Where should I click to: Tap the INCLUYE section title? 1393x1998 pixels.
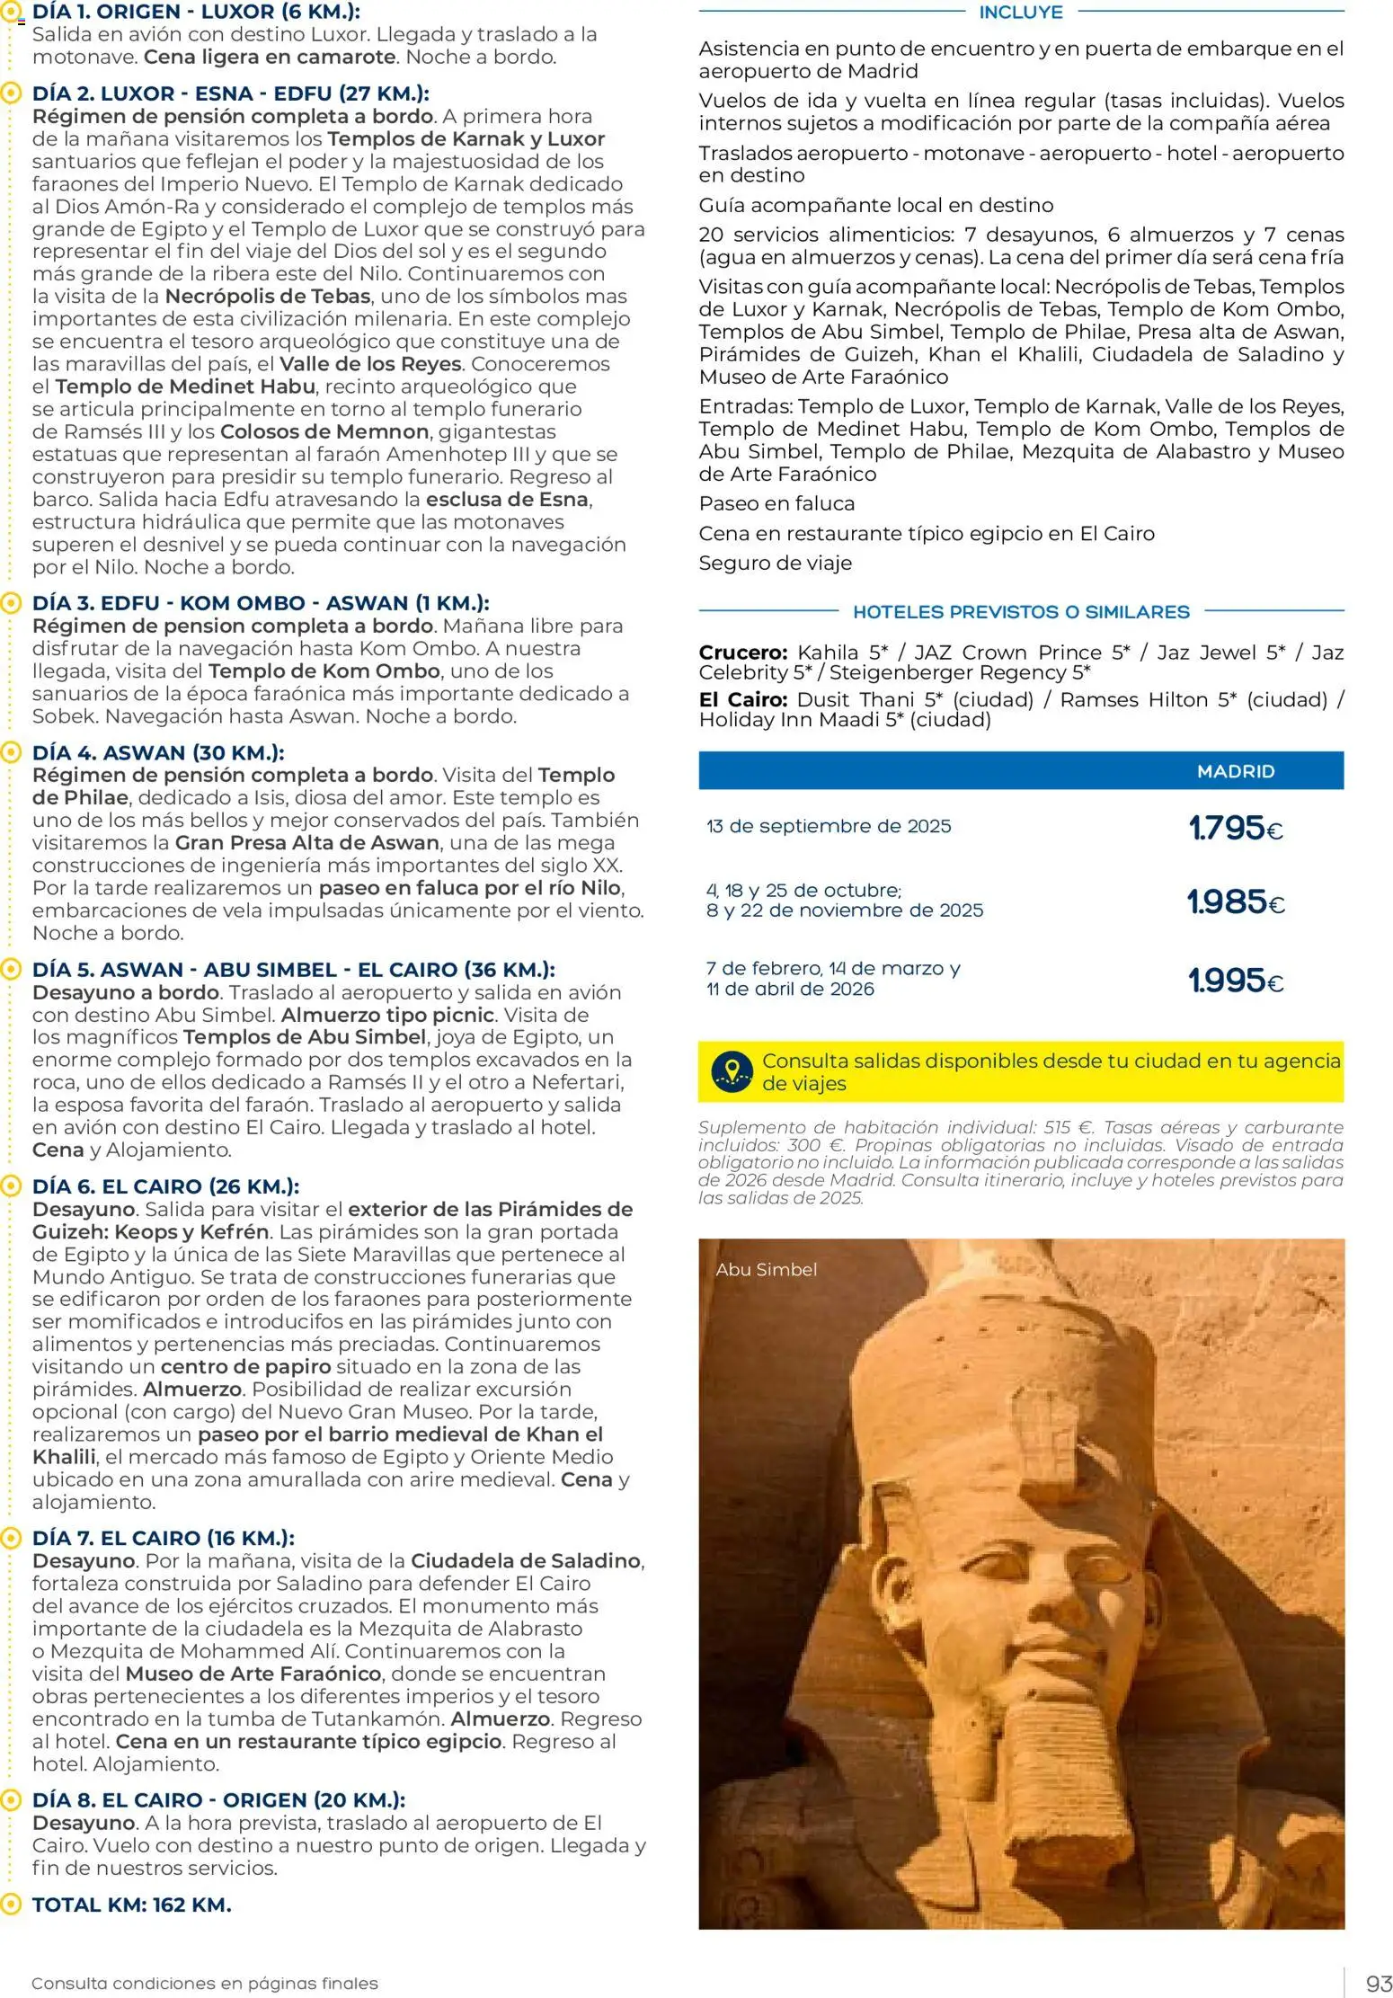(1020, 13)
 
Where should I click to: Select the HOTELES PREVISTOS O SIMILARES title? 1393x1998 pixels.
(1020, 612)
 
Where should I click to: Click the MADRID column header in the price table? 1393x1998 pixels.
(1235, 771)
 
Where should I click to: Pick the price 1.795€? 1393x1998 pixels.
(1235, 828)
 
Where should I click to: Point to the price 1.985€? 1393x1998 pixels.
(1235, 901)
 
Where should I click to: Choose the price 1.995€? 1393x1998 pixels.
(1235, 981)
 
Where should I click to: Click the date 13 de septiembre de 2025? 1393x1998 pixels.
(828, 826)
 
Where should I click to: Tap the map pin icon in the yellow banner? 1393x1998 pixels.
(732, 1071)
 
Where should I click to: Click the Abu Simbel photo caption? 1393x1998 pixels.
(766, 1269)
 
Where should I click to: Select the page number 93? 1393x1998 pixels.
(1378, 1983)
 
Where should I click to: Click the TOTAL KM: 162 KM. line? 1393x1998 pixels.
(131, 1905)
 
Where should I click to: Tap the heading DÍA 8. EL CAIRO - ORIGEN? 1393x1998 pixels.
(218, 1799)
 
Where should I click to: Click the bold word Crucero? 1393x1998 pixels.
(742, 653)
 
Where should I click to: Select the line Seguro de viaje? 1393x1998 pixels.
(775, 563)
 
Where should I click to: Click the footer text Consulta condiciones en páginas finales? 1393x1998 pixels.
(204, 1983)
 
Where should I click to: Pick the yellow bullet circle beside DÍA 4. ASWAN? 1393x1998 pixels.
(11, 752)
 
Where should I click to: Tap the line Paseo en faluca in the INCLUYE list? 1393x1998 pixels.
(776, 503)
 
